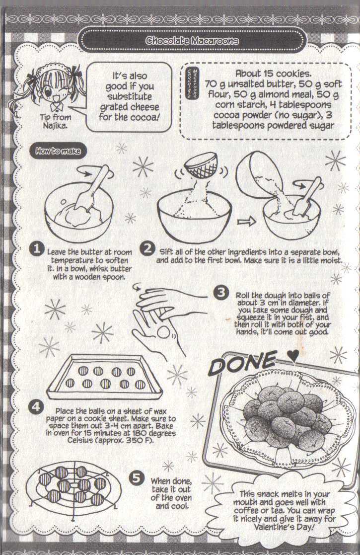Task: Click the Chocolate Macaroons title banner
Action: pos(192,41)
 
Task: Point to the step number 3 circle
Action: pos(220,293)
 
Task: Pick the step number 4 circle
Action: pos(35,408)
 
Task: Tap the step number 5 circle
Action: pos(136,478)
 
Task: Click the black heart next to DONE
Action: pos(293,356)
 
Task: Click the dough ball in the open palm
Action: pos(163,332)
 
